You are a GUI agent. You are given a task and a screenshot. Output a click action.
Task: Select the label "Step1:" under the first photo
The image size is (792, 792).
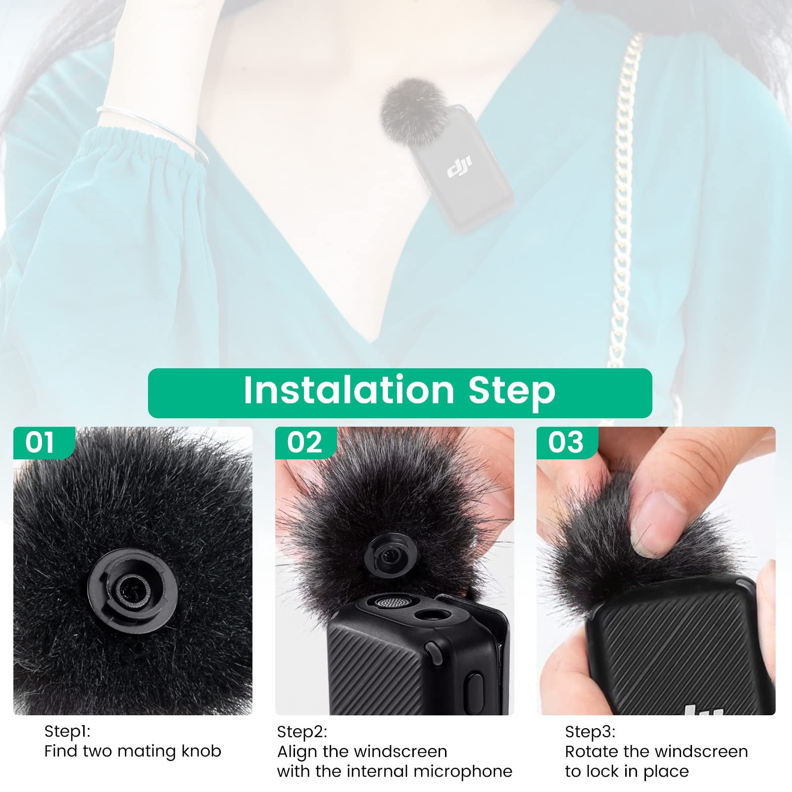pos(67,731)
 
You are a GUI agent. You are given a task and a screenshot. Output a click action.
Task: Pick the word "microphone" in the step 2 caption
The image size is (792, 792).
pos(463,772)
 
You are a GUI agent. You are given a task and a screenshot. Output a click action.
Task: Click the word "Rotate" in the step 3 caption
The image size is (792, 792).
pos(592,751)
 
